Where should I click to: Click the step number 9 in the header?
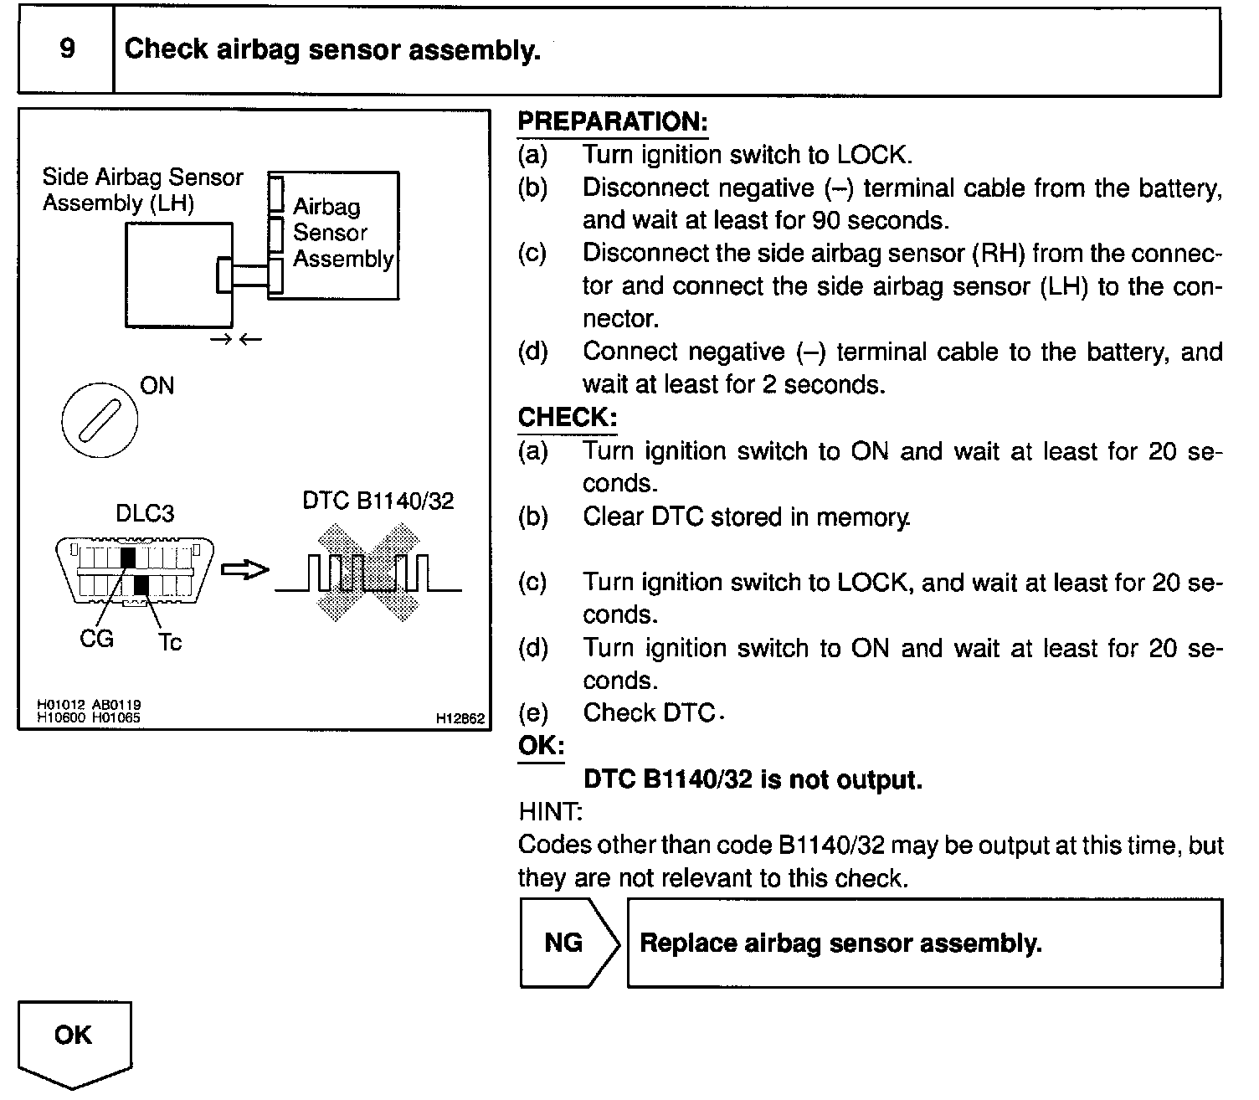coord(66,49)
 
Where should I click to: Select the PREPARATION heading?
coord(613,122)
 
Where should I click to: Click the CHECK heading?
coord(567,417)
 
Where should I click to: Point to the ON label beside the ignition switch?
coord(157,386)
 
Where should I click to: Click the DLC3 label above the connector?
coord(145,512)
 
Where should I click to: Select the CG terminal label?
coord(96,639)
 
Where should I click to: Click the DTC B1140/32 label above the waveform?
coord(378,501)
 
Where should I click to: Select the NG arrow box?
coord(569,943)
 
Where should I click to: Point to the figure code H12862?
coord(460,718)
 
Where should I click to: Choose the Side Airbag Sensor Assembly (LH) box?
coord(178,274)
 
